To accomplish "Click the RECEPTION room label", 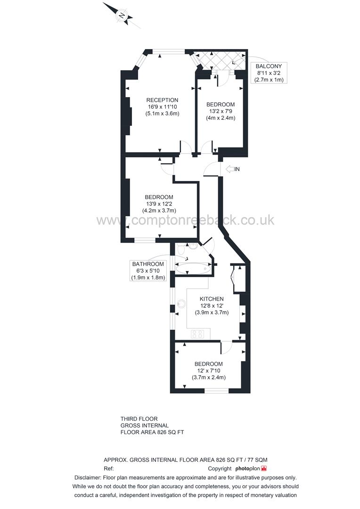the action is pyautogui.click(x=162, y=100).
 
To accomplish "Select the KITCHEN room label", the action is pyautogui.click(x=212, y=299).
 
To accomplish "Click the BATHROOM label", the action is pyautogui.click(x=148, y=264).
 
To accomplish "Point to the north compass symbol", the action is pyautogui.click(x=122, y=16).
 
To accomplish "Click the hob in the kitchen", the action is pyautogui.click(x=197, y=334).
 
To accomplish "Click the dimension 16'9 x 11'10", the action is pyautogui.click(x=162, y=107).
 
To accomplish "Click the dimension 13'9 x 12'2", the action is pyautogui.click(x=159, y=204).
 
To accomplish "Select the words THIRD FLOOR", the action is pyautogui.click(x=139, y=419).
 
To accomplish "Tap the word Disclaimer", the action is pyautogui.click(x=90, y=477).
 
